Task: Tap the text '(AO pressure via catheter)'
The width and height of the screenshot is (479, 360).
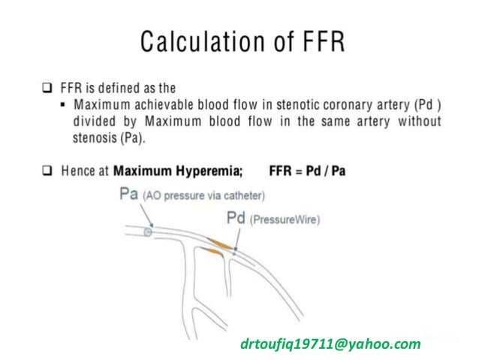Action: coord(206,195)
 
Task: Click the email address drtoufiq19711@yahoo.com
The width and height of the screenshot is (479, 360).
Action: coord(330,344)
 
